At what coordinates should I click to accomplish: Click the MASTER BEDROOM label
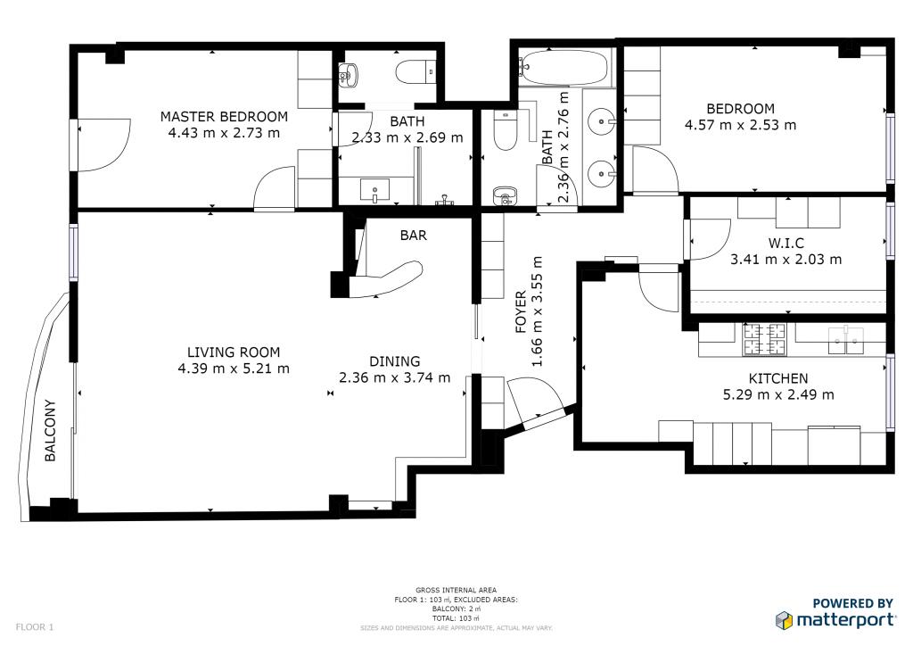click(224, 117)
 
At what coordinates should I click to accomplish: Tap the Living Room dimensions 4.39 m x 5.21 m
click(234, 369)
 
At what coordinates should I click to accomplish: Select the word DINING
click(395, 361)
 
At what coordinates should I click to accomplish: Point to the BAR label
click(414, 236)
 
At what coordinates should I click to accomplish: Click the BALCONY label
click(50, 430)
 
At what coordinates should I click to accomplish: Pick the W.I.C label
click(786, 243)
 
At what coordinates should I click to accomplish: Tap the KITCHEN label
click(778, 378)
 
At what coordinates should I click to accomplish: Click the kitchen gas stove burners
click(764, 340)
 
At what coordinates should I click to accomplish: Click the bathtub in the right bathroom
click(563, 68)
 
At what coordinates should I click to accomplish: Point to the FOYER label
click(521, 311)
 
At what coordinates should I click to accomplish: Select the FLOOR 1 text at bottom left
click(35, 627)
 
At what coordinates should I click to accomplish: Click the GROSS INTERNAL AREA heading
click(456, 590)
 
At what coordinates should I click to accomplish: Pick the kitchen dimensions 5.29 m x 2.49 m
click(778, 395)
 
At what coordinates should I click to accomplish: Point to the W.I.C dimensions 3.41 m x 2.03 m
click(786, 260)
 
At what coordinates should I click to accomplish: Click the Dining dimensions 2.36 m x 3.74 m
click(395, 377)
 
